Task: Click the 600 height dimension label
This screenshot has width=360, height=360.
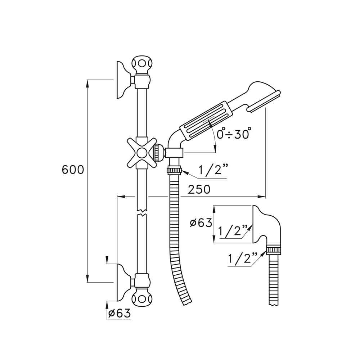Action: pos(73,170)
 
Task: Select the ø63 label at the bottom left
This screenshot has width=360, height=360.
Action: pos(118,314)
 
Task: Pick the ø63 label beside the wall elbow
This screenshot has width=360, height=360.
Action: pos(201,223)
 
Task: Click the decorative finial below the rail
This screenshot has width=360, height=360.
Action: pos(141,298)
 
